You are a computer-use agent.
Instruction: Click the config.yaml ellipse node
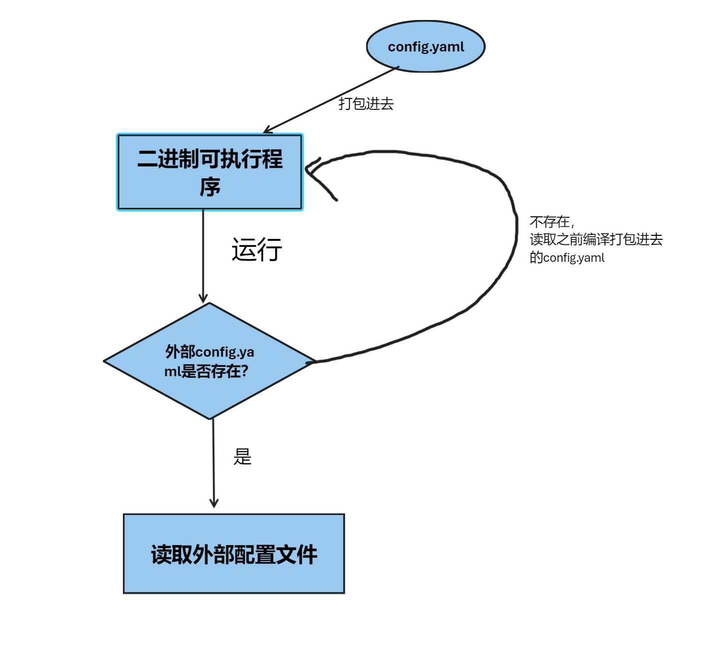coord(426,46)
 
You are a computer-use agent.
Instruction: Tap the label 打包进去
coord(366,104)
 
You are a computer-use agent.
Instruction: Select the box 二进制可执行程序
coord(210,172)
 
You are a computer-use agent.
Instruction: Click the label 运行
coord(257,249)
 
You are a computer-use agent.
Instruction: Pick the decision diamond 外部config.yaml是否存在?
coord(209,361)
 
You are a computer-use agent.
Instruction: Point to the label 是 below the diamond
coord(242,457)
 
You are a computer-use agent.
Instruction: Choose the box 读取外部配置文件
coord(234,554)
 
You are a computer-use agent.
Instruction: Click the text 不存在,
coord(552,222)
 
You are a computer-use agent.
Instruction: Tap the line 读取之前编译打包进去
coord(596,239)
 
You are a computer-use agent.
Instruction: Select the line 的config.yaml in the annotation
coord(567,257)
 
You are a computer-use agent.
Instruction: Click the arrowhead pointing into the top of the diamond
coord(203,298)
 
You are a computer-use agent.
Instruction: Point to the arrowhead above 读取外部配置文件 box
coord(214,503)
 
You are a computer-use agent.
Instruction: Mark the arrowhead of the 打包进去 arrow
coord(267,131)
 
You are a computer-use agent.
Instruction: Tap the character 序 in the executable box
coord(210,187)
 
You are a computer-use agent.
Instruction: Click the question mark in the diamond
coord(244,371)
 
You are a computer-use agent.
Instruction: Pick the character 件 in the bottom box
coord(307,555)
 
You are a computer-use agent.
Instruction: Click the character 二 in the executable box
coord(147,159)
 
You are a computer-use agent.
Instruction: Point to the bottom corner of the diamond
coord(210,418)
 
